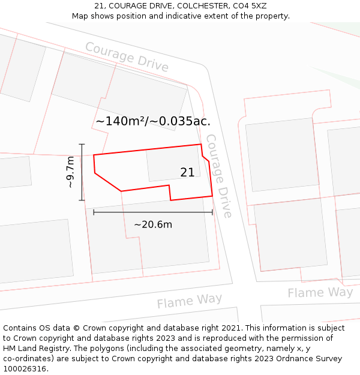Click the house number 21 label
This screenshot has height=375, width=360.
click(x=187, y=172)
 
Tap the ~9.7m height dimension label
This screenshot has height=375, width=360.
click(x=70, y=172)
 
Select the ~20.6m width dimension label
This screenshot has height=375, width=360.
click(x=152, y=224)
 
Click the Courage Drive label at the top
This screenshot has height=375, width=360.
click(x=127, y=56)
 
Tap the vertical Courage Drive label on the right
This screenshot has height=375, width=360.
click(x=218, y=176)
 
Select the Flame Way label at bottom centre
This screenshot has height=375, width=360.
click(x=190, y=301)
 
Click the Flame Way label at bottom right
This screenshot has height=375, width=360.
click(x=320, y=293)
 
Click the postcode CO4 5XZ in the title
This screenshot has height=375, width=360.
click(x=250, y=6)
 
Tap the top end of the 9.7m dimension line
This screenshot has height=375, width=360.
click(x=82, y=144)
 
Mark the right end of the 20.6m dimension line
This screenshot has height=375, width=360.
click(x=212, y=212)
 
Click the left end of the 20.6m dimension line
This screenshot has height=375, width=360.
click(x=94, y=212)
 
